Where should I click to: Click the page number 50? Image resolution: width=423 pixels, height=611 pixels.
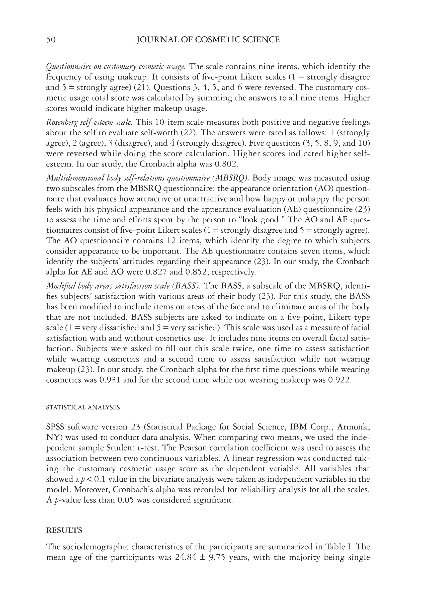tap(51, 40)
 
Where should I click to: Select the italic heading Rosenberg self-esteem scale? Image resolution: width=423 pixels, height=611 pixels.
tap(89, 122)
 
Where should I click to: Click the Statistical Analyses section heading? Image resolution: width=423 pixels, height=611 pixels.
tap(83, 407)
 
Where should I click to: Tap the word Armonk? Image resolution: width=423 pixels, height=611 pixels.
tap(355, 427)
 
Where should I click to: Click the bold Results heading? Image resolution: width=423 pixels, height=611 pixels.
tap(64, 530)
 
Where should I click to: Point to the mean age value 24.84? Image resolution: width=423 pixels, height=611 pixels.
tap(186, 557)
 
